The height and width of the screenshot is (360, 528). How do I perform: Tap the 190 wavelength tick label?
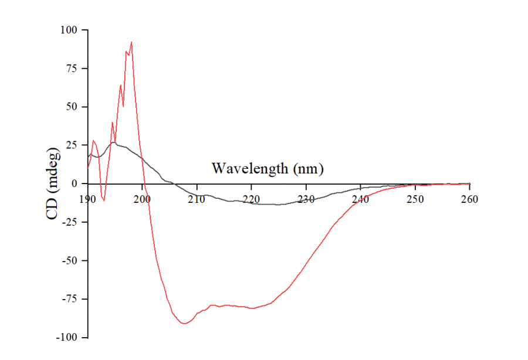coord(88,199)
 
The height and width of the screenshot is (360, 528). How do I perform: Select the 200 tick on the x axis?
coord(143,199)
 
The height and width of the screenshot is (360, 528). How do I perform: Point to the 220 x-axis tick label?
coord(251,199)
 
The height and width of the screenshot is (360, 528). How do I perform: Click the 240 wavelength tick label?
coord(360,199)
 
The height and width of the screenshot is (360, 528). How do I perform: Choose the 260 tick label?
coord(469,199)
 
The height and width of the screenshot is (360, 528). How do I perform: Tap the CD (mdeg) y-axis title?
coord(53,184)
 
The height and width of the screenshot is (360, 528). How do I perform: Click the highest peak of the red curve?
coord(131,42)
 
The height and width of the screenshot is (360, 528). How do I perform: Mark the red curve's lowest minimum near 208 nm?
coord(184,323)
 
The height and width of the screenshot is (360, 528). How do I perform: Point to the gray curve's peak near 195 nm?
coord(114,142)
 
